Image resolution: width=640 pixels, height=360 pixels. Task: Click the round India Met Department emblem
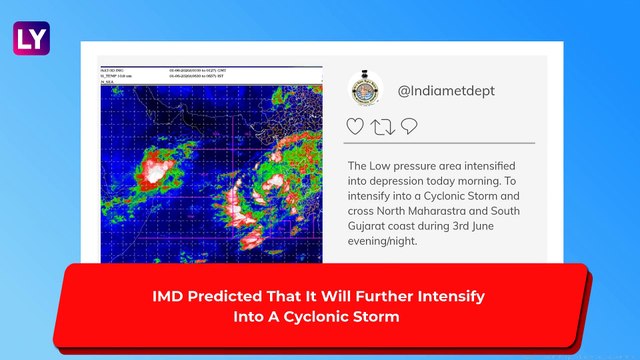click(365, 90)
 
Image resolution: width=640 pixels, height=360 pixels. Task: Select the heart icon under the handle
click(355, 127)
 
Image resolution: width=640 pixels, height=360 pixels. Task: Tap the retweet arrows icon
click(382, 127)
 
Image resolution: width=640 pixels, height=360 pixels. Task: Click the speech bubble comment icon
click(408, 127)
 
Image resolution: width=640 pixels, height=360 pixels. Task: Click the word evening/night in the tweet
click(388, 245)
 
